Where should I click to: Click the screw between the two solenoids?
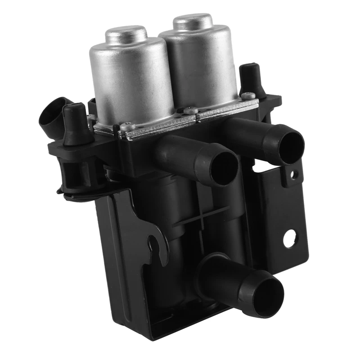coord(190,109)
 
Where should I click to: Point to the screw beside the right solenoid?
coord(247,95)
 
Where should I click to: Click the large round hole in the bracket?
coord(290,238)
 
